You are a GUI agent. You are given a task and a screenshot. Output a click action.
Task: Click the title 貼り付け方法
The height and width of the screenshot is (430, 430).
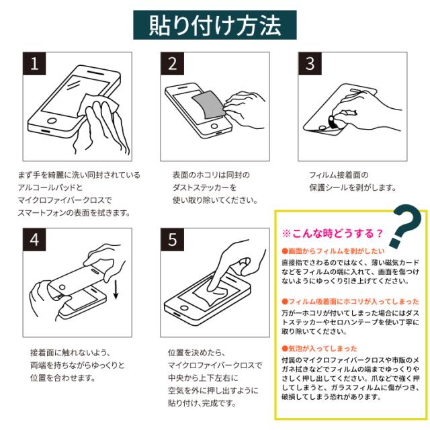coord(215,25)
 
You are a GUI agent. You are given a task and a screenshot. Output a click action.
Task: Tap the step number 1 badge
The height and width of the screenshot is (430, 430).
coord(34,63)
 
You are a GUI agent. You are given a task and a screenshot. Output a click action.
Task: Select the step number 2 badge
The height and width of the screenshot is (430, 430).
coord(172,63)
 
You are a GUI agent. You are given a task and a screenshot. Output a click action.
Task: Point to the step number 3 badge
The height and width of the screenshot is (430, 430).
coord(310,63)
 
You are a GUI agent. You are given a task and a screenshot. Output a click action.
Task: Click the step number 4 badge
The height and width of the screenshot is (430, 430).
coord(34,239)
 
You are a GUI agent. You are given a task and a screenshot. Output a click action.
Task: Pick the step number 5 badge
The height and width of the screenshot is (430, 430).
coord(172,239)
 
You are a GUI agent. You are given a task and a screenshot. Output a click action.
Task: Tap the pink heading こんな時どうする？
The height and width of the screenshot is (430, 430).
coord(332,233)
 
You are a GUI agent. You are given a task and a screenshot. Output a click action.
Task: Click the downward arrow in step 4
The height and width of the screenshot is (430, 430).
coord(116,290)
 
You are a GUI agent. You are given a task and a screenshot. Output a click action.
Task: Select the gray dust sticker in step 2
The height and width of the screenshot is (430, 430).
coord(208,105)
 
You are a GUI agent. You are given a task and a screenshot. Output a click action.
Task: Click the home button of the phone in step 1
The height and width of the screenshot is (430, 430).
coord(52,121)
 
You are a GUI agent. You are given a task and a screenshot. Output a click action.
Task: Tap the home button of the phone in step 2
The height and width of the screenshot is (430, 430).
coord(214,126)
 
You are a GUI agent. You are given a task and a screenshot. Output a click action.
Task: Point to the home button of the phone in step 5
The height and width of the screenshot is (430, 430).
coord(184,308)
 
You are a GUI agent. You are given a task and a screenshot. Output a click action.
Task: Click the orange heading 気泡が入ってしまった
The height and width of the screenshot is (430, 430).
coord(320,349)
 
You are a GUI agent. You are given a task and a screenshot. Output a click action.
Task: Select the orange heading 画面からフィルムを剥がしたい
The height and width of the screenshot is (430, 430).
coord(333,251)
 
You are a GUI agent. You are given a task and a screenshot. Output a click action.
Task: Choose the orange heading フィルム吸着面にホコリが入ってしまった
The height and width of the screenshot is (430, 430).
coord(351,302)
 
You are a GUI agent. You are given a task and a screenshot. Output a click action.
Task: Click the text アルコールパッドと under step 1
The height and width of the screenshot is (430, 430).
coord(50,187)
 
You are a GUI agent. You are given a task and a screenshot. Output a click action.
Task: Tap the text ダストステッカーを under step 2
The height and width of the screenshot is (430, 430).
coord(204,187)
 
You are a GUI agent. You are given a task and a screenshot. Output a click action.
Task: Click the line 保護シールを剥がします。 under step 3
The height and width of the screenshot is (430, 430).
coord(353,187)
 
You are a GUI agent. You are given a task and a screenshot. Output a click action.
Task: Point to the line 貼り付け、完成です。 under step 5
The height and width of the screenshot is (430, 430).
coord(202,403)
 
